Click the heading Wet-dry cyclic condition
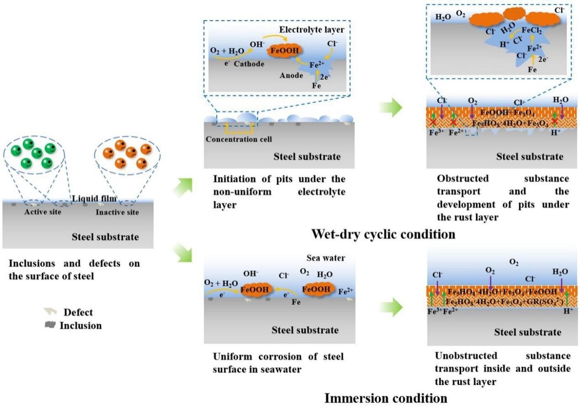click(383, 234)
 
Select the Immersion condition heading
click(386, 398)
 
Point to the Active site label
click(43, 212)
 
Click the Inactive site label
click(117, 212)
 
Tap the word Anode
click(291, 75)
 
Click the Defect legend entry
click(78, 312)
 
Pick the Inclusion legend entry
click(80, 326)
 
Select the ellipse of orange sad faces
click(127, 156)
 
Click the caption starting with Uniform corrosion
click(278, 362)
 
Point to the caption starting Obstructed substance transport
click(503, 197)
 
